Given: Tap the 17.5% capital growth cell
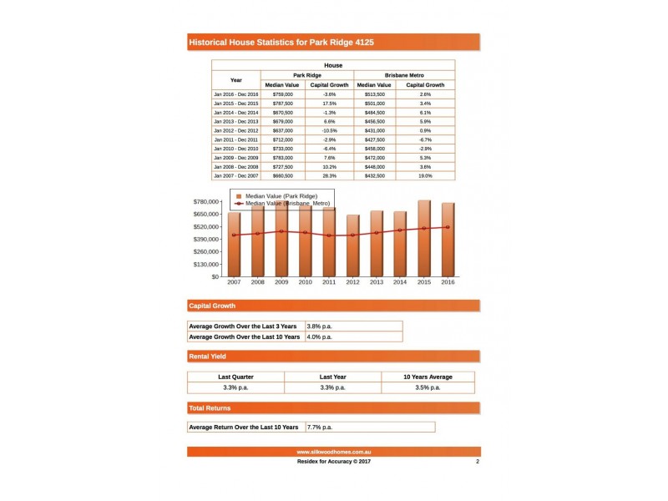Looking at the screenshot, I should point(329,104).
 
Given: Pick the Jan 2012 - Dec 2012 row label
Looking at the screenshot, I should point(236,130).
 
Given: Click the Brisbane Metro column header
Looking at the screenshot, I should point(404,75).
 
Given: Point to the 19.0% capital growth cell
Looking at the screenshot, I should point(425,176).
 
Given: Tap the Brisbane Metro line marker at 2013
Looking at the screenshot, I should point(377,233).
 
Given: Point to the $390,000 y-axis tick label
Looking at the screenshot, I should point(205,239).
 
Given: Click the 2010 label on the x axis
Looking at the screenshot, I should point(306,283).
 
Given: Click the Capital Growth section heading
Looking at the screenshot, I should point(213,306).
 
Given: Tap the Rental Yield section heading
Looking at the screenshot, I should point(208,357).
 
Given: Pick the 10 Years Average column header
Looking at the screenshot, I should point(428,377).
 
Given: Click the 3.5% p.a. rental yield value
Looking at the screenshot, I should point(428,387).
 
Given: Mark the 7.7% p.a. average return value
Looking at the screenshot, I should point(320,427).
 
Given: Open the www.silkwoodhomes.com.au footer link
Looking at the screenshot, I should point(333,452).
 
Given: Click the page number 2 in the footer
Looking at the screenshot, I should point(477,461).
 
